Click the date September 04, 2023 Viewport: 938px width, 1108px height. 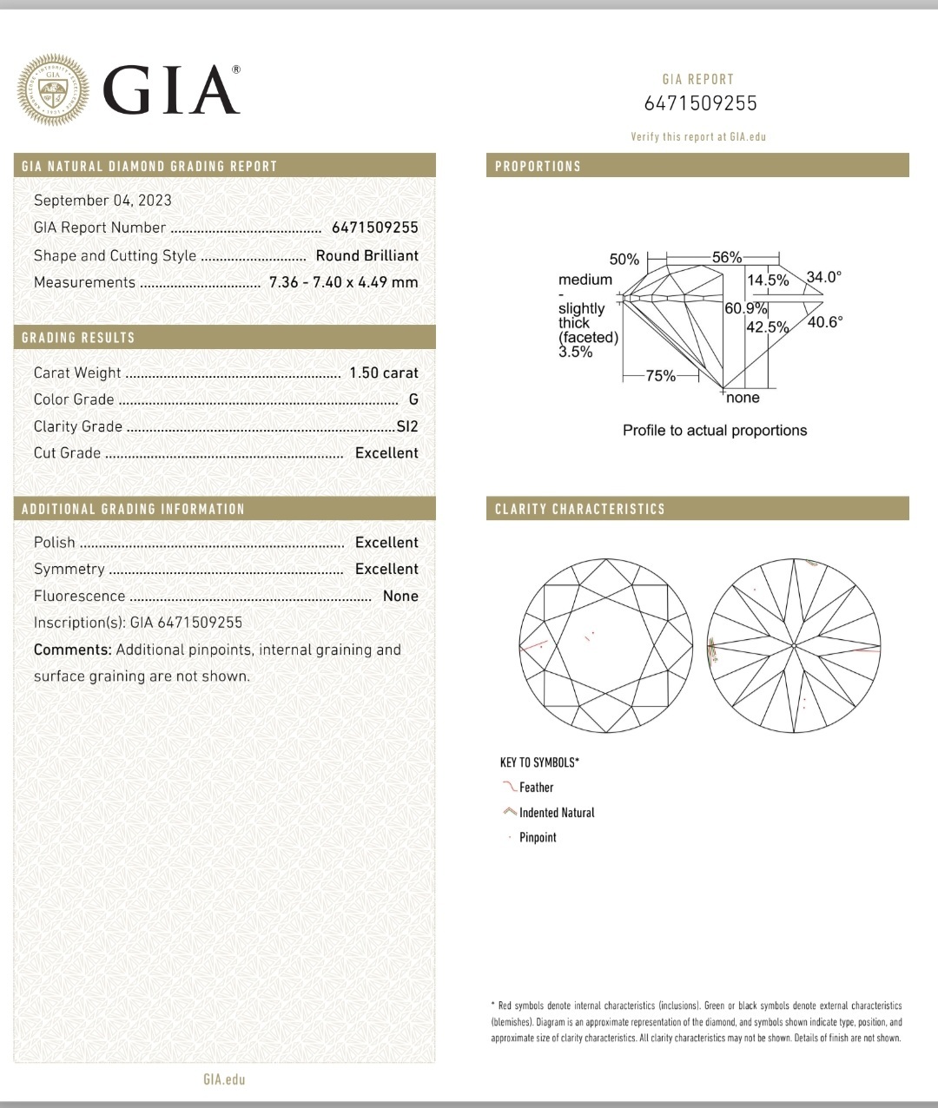pyautogui.click(x=102, y=201)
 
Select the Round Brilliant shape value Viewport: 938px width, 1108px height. pyautogui.click(x=367, y=255)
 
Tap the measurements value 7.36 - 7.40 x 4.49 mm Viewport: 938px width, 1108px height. pyautogui.click(x=343, y=282)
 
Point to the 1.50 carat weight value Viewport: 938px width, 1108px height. pyautogui.click(x=383, y=373)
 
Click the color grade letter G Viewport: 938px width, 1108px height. pyautogui.click(x=413, y=399)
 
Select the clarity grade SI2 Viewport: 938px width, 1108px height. pyautogui.click(x=406, y=426)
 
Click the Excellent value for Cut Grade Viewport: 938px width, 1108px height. pyautogui.click(x=386, y=453)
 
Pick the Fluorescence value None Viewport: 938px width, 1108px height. pyautogui.click(x=400, y=596)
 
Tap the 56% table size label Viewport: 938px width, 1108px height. pyautogui.click(x=727, y=257)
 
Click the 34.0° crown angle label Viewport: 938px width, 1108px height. pyautogui.click(x=824, y=278)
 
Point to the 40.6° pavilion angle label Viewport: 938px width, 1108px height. pyautogui.click(x=825, y=321)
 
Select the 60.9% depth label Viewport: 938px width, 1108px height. pyautogui.click(x=746, y=308)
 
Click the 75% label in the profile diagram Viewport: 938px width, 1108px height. pyautogui.click(x=661, y=376)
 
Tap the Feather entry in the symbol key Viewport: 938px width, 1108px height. pyautogui.click(x=536, y=788)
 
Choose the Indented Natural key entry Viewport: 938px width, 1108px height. pyautogui.click(x=557, y=813)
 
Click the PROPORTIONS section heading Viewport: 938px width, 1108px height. pyautogui.click(x=538, y=166)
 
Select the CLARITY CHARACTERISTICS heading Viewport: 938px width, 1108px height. pyautogui.click(x=579, y=509)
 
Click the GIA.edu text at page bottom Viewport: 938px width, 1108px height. pyautogui.click(x=224, y=1079)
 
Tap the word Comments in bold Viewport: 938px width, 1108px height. pyautogui.click(x=72, y=650)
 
